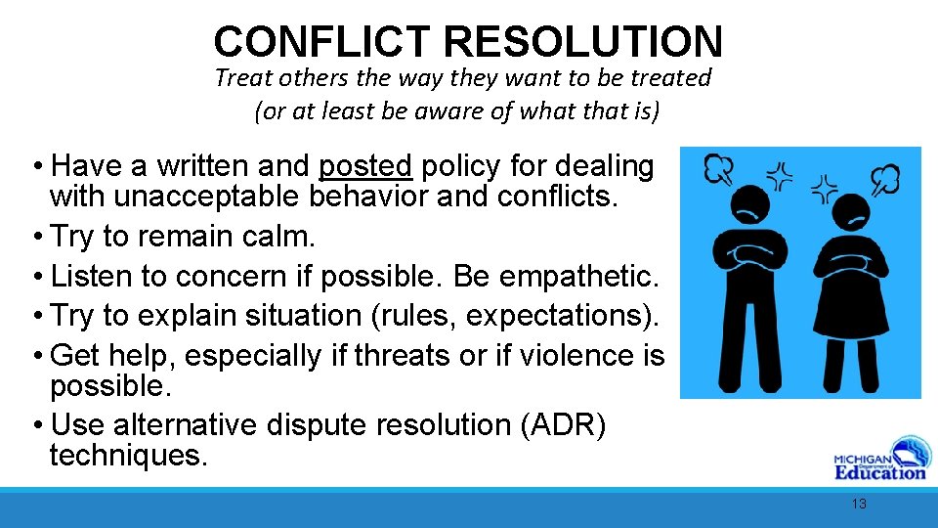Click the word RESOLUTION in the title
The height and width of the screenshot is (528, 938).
583,42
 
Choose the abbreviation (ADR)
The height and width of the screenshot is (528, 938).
580,425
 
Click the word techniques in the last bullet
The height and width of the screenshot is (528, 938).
128,455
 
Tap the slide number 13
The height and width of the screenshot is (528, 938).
859,504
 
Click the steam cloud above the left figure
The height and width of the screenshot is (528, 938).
718,169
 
